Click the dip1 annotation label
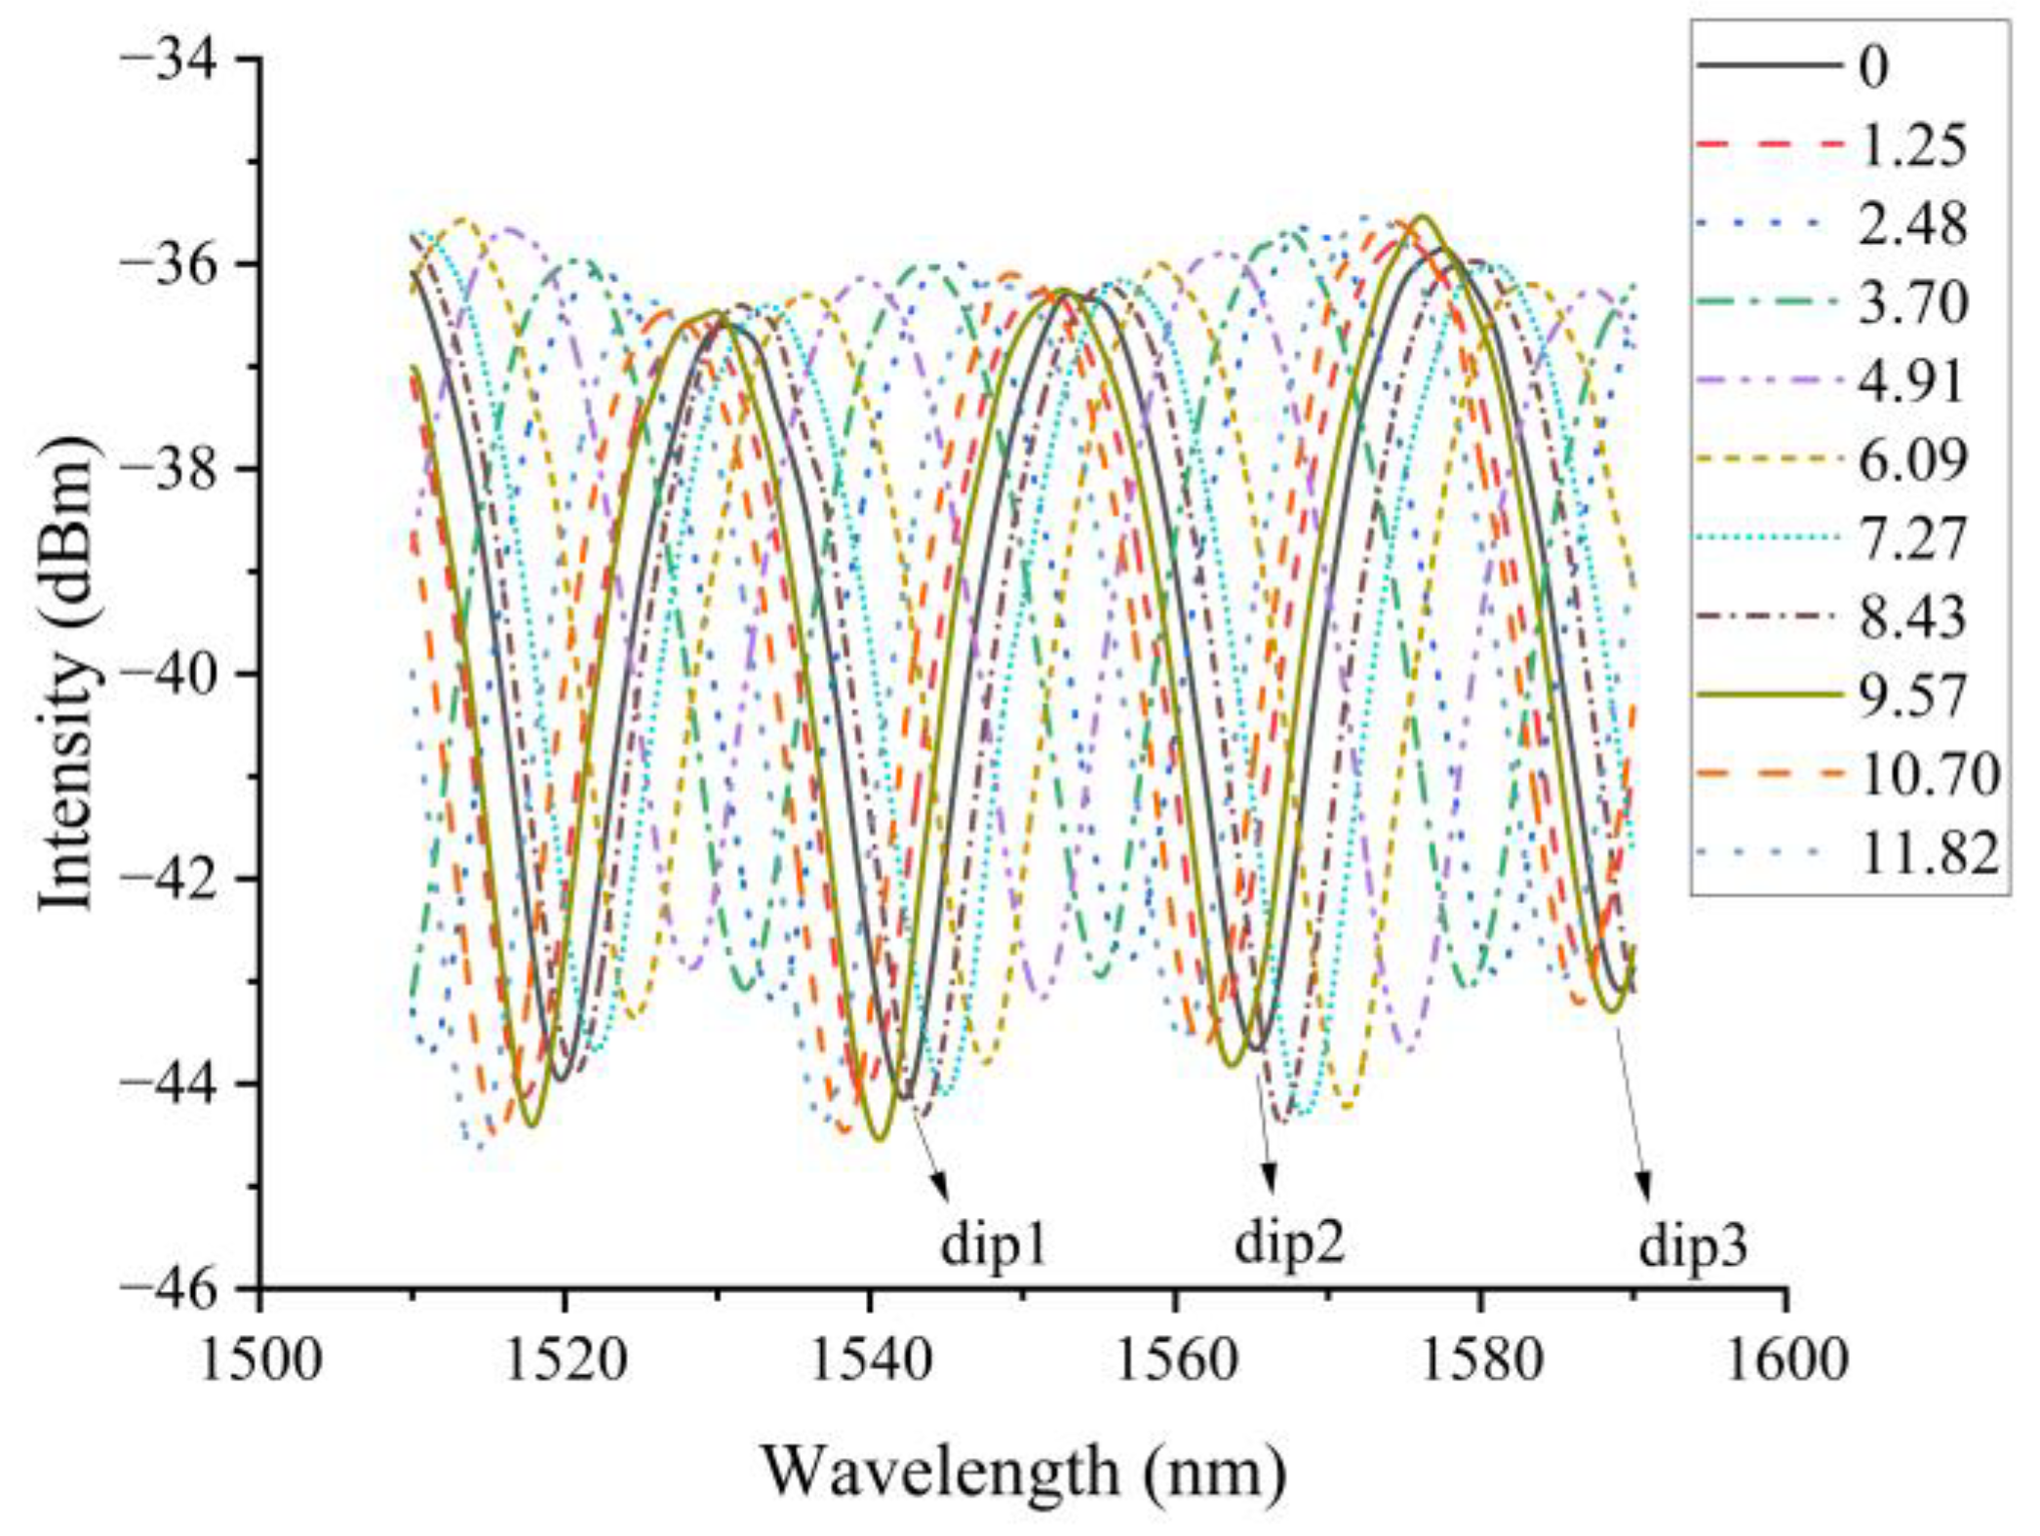tap(993, 1245)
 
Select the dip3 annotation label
tap(1692, 1247)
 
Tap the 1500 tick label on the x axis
tap(259, 1359)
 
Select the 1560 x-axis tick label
tap(1175, 1359)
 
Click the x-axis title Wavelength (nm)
tap(1023, 1472)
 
